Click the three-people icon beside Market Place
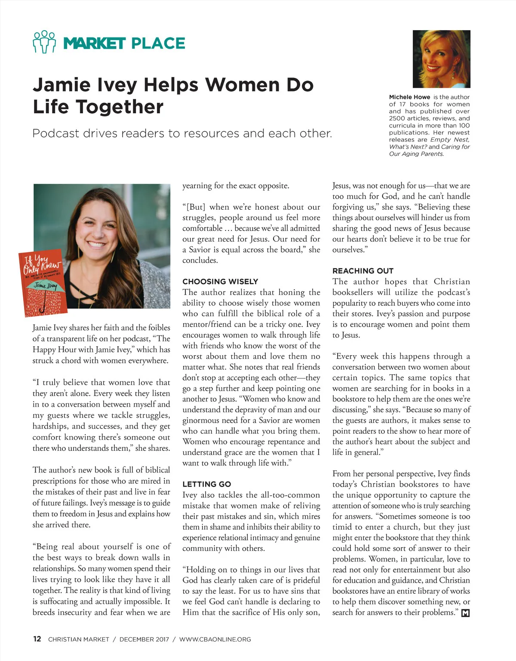point(44,42)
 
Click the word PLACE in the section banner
point(158,43)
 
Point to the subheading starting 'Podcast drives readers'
point(182,133)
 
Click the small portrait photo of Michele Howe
point(441,59)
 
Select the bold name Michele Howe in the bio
point(409,97)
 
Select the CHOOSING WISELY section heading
point(220,282)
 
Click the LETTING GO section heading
point(206,484)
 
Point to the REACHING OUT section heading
point(362,271)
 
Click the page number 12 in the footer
point(37,639)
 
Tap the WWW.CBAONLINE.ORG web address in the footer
point(215,639)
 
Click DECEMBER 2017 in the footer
point(144,639)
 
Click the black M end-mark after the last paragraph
point(465,613)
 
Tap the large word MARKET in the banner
point(94,43)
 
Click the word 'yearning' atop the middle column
point(197,186)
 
